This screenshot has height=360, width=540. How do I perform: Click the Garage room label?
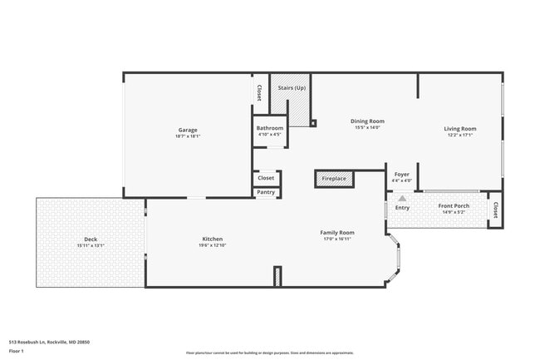point(187,130)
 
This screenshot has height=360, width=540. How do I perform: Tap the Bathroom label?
point(270,128)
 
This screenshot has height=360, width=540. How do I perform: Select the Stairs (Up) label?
point(292,87)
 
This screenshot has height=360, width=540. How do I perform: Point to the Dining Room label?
point(366,121)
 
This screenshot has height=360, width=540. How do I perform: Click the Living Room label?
point(459,128)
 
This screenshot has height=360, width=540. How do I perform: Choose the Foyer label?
point(401,174)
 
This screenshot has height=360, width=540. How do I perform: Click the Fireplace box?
point(334,179)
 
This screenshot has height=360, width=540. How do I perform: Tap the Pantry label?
point(266,192)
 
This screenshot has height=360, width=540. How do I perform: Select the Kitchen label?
point(212,239)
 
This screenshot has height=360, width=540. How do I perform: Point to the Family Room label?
point(337,232)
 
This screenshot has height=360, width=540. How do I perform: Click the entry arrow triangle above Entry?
point(402,199)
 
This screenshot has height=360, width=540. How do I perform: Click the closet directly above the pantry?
point(266,178)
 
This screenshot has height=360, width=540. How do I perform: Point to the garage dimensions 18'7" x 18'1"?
point(187,136)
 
